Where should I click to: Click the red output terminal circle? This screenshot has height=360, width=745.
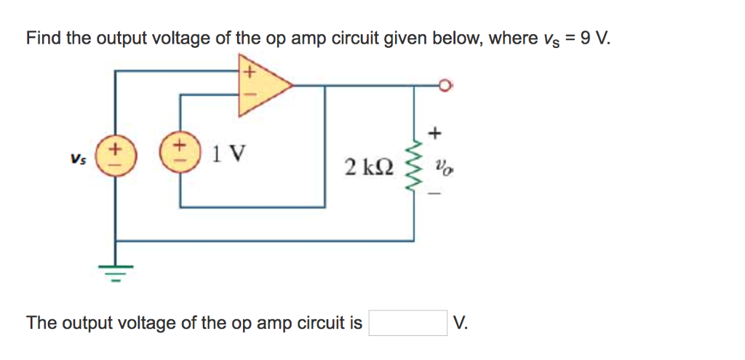tap(446, 86)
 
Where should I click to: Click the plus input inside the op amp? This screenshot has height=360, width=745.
tap(248, 72)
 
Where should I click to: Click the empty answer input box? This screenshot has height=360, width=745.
tap(407, 323)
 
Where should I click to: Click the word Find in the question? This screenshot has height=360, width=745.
tap(44, 38)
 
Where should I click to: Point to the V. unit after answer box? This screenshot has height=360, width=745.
tap(460, 323)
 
